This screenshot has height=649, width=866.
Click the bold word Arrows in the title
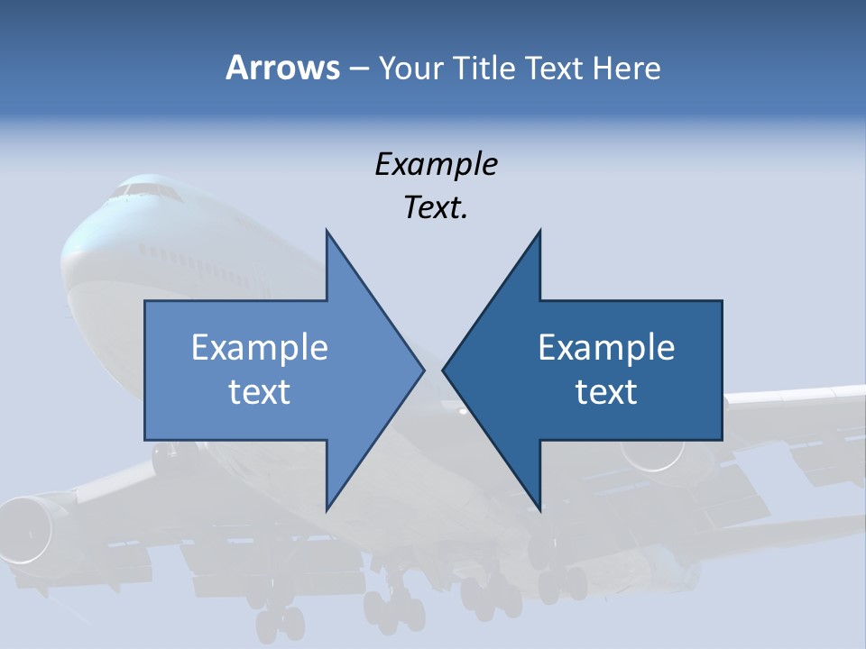pos(282,68)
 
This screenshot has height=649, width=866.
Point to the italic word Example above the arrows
pos(436,165)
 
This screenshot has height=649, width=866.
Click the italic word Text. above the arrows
pos(436,208)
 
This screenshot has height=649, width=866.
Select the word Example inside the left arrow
pos(260,348)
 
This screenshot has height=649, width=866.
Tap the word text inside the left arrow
pos(260,392)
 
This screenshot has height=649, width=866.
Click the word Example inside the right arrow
pos(606,348)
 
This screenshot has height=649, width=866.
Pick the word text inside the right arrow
pos(606,392)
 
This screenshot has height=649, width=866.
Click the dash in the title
pos(358,69)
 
